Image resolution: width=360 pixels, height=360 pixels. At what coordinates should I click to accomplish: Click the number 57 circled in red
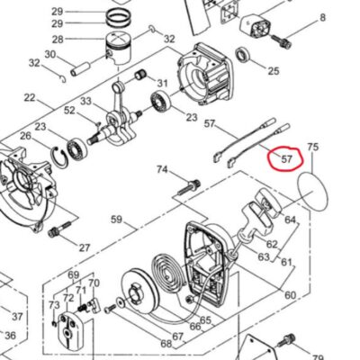click(286, 158)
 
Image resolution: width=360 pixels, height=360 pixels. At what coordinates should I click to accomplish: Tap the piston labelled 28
click(119, 48)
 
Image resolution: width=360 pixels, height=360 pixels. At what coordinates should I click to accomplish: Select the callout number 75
click(312, 147)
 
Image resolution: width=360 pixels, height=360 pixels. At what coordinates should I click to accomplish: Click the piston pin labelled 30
click(80, 69)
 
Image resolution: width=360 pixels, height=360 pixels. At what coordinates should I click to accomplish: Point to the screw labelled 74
click(189, 186)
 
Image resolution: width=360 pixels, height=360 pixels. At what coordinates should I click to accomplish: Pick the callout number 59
click(117, 220)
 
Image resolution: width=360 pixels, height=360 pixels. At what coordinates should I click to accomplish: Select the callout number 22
click(30, 97)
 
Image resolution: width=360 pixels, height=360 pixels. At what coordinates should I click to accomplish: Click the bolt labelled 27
click(59, 229)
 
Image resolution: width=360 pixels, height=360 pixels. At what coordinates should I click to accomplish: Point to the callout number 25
click(274, 71)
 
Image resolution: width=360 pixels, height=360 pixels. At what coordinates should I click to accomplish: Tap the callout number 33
click(85, 101)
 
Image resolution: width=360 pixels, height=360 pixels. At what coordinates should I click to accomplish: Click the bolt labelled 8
click(281, 42)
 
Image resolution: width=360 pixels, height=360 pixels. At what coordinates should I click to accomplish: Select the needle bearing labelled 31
click(140, 75)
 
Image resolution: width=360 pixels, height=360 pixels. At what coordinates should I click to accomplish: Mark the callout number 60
click(290, 295)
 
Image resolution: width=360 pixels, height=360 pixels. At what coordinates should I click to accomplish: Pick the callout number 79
click(318, 357)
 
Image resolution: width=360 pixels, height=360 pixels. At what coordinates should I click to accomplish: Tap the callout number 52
click(69, 111)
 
